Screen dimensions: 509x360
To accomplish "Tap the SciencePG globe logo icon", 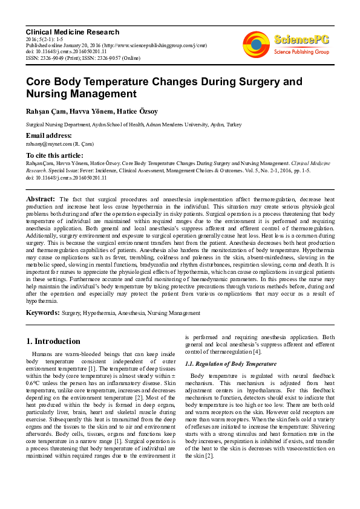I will pos(256,44).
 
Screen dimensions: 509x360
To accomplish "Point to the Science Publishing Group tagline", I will pos(301,53).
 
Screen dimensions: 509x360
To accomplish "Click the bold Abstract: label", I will pos(41,198).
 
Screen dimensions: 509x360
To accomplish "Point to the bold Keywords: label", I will pos(43,313).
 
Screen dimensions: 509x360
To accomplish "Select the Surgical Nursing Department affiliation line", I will pos(125,124).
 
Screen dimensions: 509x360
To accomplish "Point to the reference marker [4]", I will pos(257,352).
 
